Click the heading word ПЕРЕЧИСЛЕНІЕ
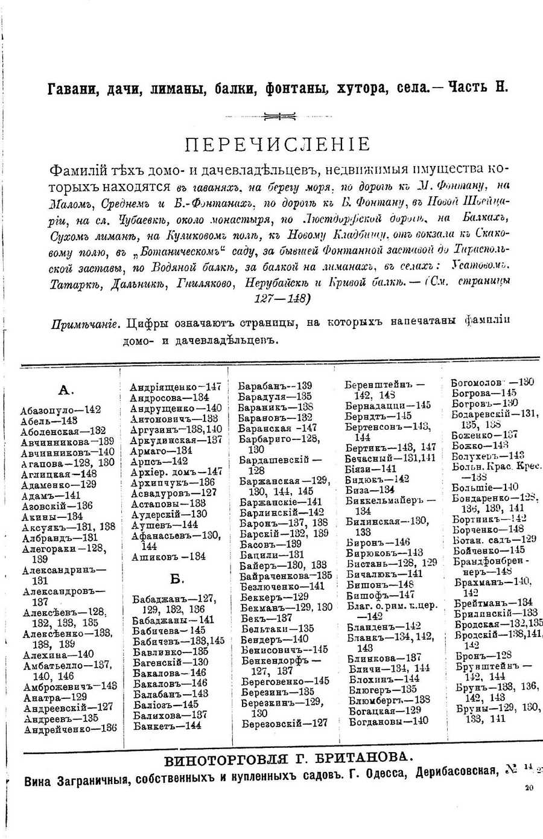point(277,145)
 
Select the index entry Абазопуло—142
point(60,409)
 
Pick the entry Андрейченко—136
point(70,729)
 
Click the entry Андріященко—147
point(176,387)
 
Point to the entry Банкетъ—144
point(167,726)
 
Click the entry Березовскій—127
point(284,723)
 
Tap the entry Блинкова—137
point(385,658)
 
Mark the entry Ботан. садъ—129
point(494,539)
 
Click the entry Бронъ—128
point(481,656)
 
